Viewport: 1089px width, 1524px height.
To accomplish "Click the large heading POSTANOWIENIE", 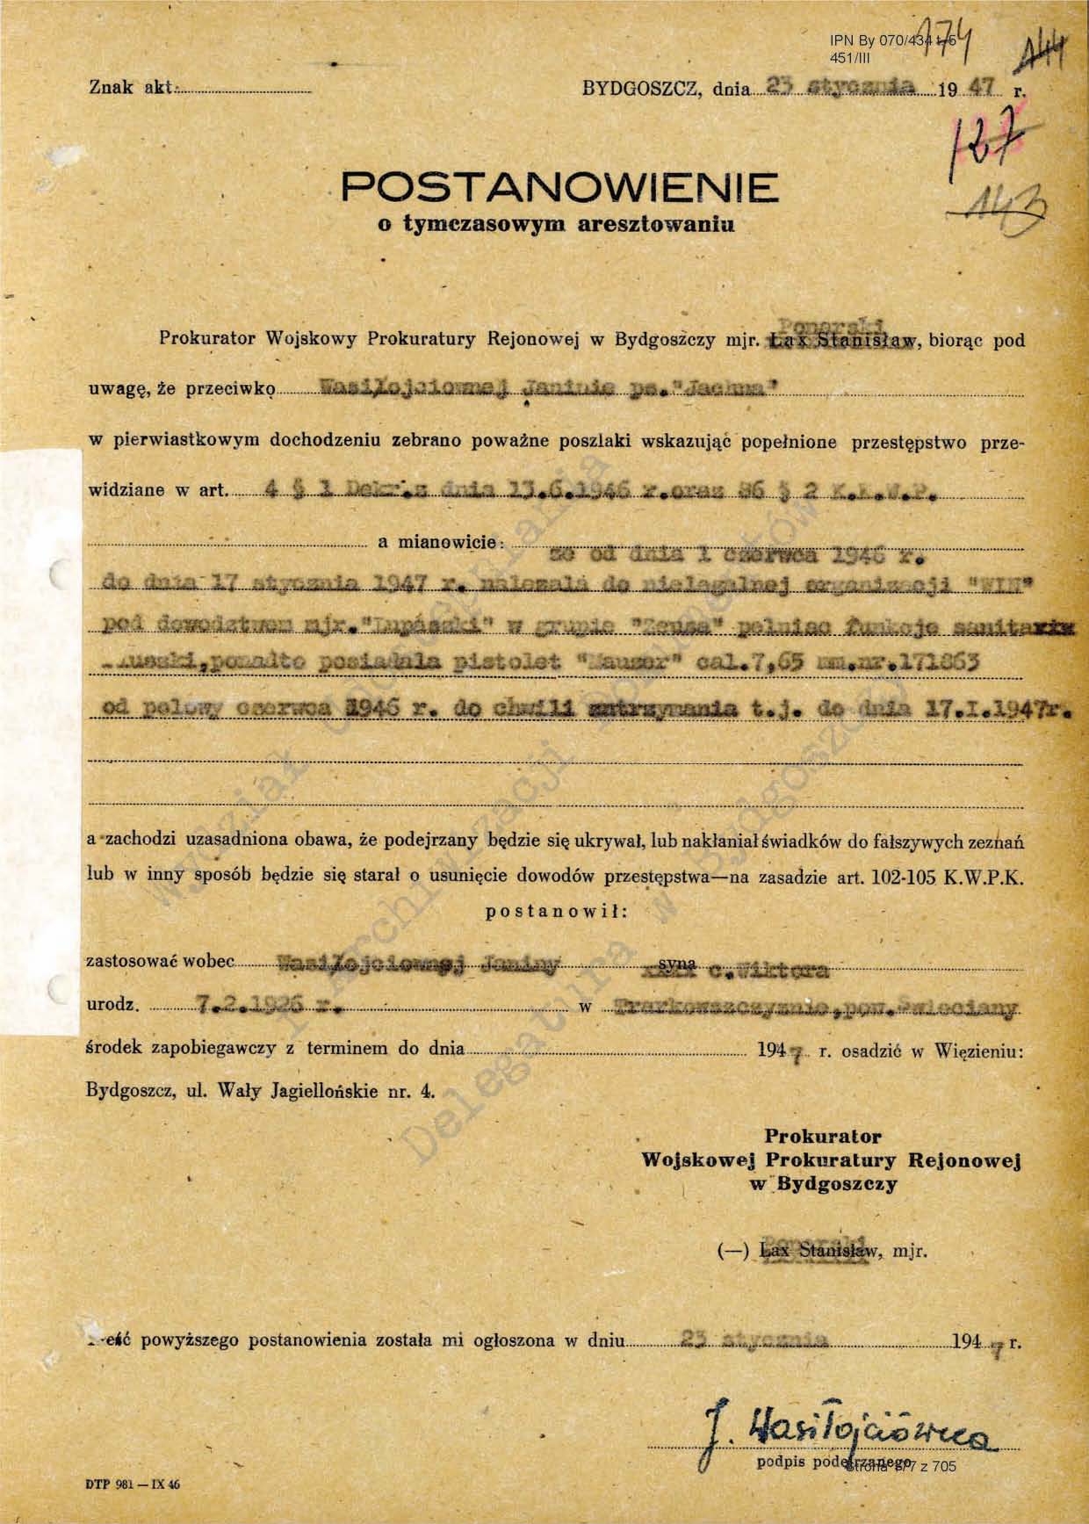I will [559, 186].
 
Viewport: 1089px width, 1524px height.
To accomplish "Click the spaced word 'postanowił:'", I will [556, 912].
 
